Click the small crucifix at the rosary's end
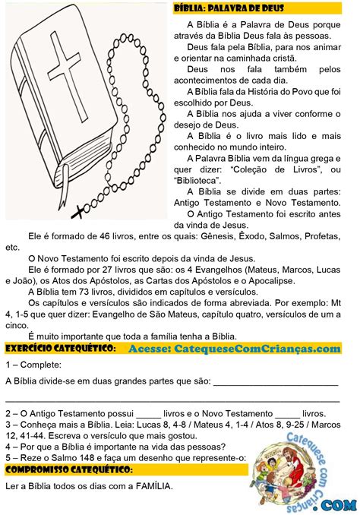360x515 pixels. coord(77,205)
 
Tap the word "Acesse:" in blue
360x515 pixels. coord(147,348)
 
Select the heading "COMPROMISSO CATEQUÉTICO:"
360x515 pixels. coord(68,470)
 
